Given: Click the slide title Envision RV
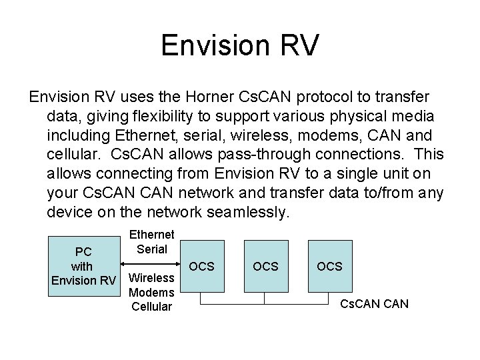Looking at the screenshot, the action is (240, 46).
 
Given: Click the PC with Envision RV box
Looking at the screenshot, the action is (84, 266).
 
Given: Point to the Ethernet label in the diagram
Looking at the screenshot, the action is (152, 235).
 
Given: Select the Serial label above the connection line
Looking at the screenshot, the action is (152, 248).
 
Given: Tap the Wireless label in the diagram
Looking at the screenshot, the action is (151, 277).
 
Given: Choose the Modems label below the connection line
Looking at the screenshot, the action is (151, 292).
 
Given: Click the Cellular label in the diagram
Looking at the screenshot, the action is (151, 306).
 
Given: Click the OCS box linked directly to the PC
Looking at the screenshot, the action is (202, 266).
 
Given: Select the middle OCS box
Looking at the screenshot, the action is (265, 266).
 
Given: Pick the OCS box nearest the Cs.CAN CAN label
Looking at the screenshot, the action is (329, 266).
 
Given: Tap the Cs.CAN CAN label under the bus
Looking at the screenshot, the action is (375, 305).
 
